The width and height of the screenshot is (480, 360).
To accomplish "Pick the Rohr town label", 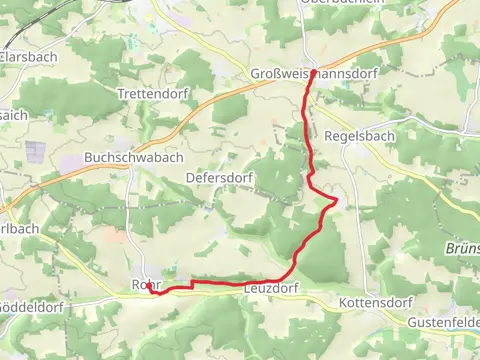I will tap(146, 284).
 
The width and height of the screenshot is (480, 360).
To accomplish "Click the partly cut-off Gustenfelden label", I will tap(443, 323).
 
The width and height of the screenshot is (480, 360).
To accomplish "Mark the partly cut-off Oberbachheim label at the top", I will tap(342, 3).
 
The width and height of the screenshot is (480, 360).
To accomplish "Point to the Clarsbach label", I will tap(29, 57).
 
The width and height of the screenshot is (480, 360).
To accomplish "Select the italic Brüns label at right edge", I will tap(461, 249).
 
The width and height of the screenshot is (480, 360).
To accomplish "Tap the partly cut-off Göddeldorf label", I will tap(33, 303).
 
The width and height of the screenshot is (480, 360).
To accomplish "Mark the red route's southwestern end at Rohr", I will tap(149, 287).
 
